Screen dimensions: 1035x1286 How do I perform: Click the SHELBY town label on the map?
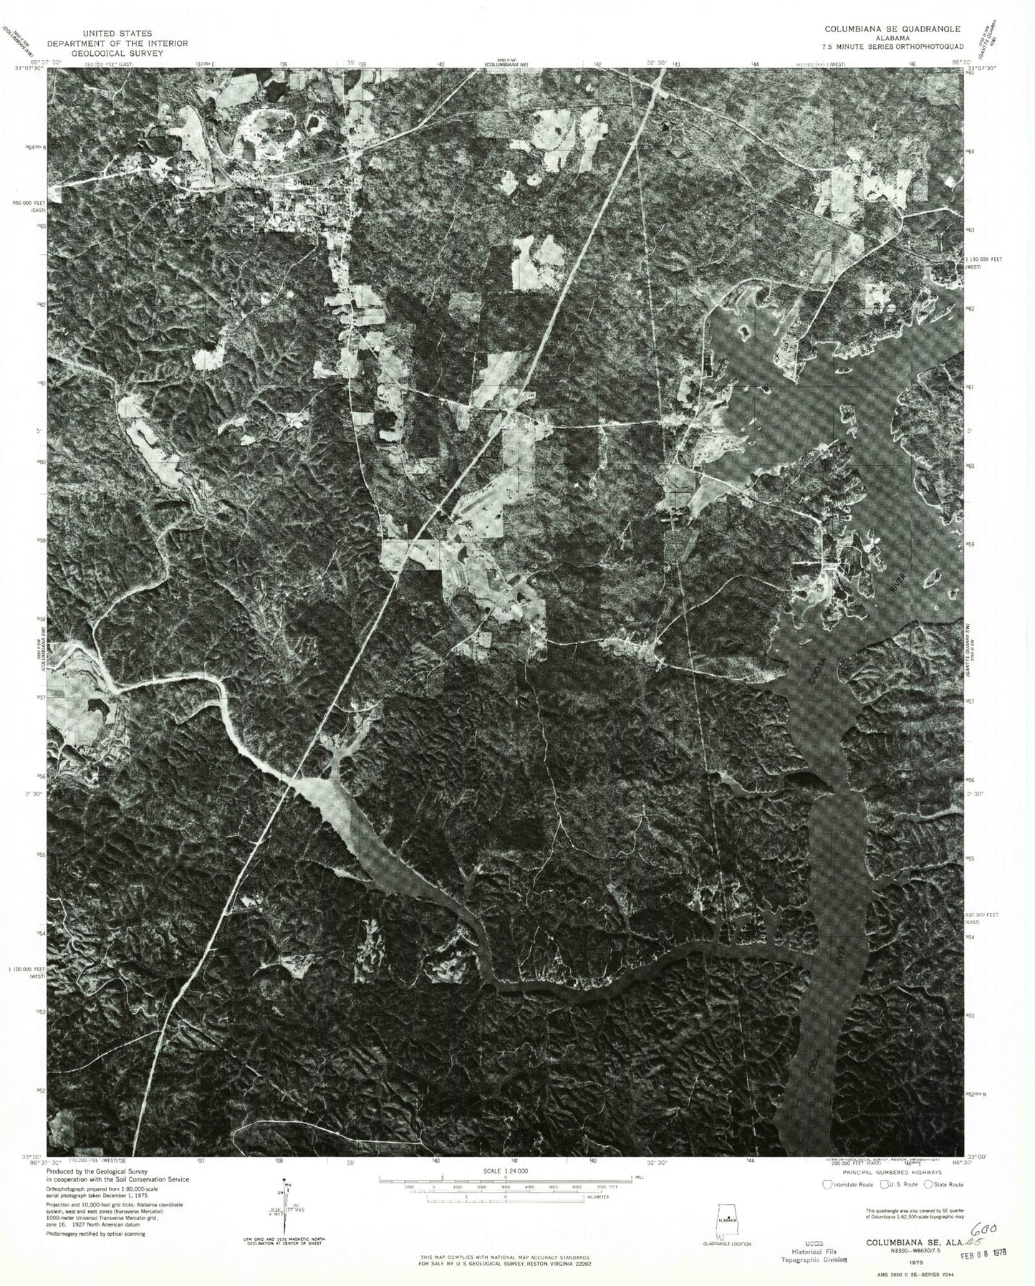pos(295,183)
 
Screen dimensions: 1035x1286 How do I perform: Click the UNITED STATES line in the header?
pos(117,33)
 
